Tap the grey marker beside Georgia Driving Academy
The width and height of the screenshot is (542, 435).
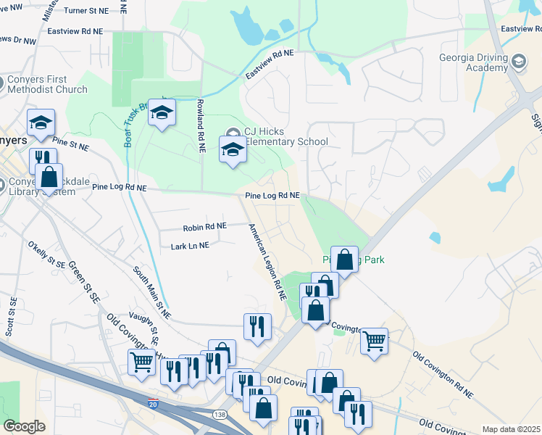(519, 62)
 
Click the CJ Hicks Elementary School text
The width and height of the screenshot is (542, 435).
(284, 136)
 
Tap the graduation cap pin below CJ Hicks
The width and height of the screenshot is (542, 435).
(233, 150)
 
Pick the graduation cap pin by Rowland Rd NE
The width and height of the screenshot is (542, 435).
(162, 112)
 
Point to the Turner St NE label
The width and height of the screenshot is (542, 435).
(86, 11)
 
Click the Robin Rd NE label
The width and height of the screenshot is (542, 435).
(205, 227)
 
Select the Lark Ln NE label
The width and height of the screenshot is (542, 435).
(190, 246)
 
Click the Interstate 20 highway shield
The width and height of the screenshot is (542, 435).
(152, 403)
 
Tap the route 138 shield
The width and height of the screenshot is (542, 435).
(220, 414)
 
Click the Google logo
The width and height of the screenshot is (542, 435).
(24, 426)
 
